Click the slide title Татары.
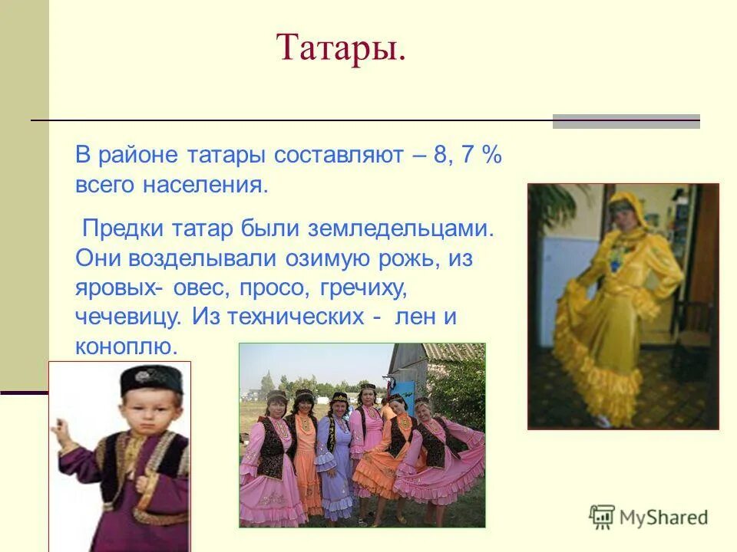341,48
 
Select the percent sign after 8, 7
492,156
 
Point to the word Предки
119,228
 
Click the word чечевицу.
130,317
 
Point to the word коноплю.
126,346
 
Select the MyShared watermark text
663,517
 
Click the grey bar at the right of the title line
626,121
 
